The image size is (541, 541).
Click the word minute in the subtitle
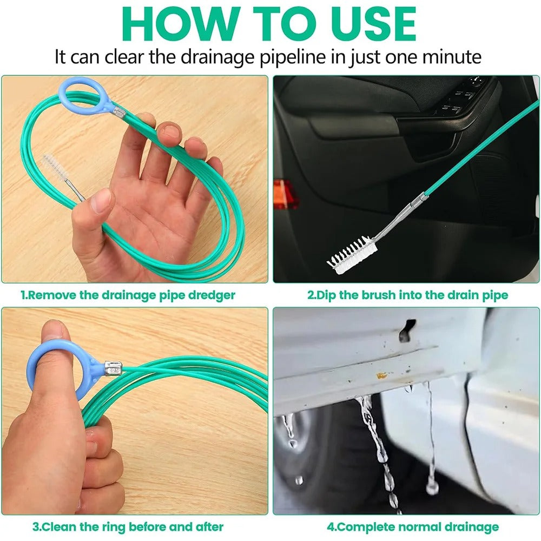[x=452, y=57]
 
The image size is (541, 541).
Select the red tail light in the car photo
[x=285, y=193]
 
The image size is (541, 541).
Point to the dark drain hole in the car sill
[x=407, y=330]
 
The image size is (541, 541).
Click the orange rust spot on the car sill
[x=381, y=375]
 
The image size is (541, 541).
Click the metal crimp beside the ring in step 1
[x=120, y=112]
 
